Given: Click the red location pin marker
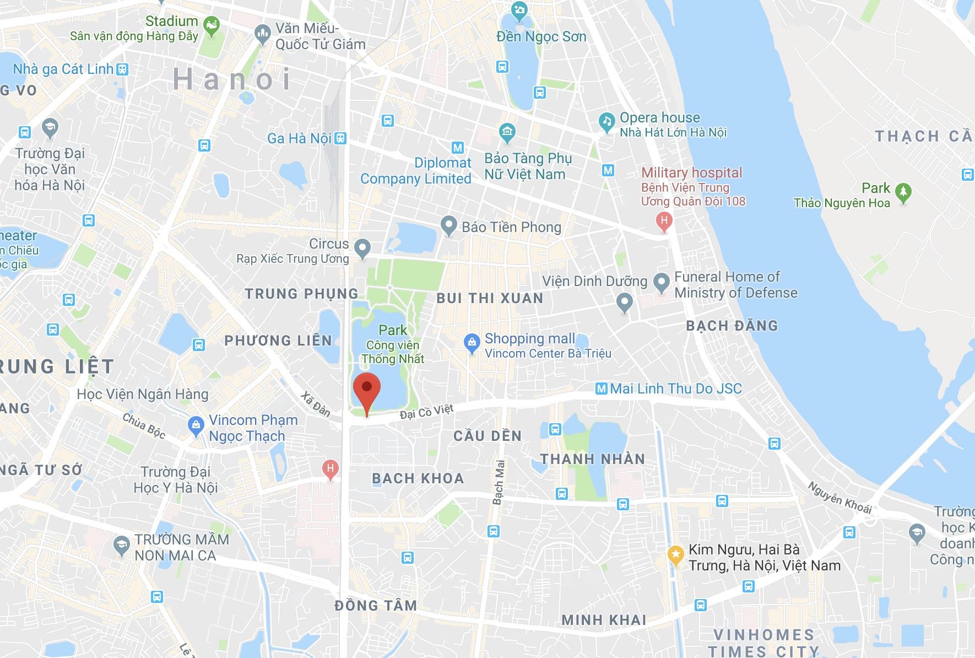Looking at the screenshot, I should (x=366, y=390).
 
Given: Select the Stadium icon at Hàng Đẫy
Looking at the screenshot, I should (x=211, y=25).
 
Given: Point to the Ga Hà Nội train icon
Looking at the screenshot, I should (x=340, y=138).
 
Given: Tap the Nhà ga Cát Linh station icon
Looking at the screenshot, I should (x=122, y=69).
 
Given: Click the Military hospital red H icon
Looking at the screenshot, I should (x=664, y=222).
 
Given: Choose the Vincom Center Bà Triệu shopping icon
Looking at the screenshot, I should (x=472, y=344).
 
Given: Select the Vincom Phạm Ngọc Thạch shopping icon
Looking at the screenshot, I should (x=196, y=425).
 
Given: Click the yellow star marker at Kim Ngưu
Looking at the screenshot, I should (x=675, y=554).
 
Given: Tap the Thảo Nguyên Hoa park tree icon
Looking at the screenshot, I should (x=903, y=192).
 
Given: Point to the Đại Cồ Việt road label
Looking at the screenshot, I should (x=427, y=411).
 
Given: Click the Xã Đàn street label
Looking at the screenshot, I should (x=316, y=404).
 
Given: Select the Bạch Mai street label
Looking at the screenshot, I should (x=499, y=482).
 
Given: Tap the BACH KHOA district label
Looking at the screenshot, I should (x=418, y=478).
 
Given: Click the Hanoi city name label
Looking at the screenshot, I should (x=232, y=79).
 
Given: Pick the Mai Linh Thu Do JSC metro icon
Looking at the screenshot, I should (x=602, y=389).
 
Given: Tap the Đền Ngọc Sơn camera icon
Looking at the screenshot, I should (x=518, y=10).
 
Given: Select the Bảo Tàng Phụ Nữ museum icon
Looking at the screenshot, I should (x=506, y=132).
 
